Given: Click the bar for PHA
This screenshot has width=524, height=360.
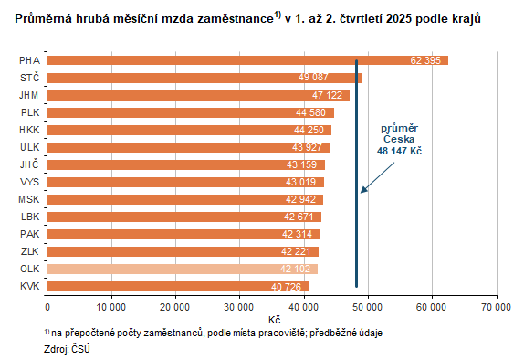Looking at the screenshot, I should click(246, 60).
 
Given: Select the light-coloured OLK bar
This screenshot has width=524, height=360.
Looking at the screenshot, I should click(182, 269).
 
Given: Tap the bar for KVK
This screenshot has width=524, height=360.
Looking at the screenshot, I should click(177, 286).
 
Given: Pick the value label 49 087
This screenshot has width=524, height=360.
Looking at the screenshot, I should click(342, 78).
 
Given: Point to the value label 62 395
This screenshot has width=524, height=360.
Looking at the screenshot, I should click(427, 60).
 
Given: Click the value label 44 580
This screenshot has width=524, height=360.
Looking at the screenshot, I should click(313, 112).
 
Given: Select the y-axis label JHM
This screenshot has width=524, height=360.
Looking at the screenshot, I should click(28, 95).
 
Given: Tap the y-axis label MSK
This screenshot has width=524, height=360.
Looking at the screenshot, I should click(28, 199).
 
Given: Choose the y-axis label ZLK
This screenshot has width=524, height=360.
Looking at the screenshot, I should click(28, 251).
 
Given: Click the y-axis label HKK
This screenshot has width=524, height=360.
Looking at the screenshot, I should click(28, 130).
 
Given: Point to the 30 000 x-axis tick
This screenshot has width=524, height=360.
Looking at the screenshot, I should click(239, 306).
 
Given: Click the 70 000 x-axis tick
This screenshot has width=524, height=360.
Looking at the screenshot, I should click(497, 306).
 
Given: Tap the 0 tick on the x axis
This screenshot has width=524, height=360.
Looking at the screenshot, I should click(47, 306).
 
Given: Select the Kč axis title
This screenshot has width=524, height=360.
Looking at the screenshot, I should click(274, 319).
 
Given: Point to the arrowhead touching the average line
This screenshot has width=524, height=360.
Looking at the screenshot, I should click(362, 191).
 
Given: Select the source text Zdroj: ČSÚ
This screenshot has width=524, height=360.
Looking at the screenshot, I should click(67, 348).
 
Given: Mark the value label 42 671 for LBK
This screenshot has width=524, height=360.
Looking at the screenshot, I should click(301, 217).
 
